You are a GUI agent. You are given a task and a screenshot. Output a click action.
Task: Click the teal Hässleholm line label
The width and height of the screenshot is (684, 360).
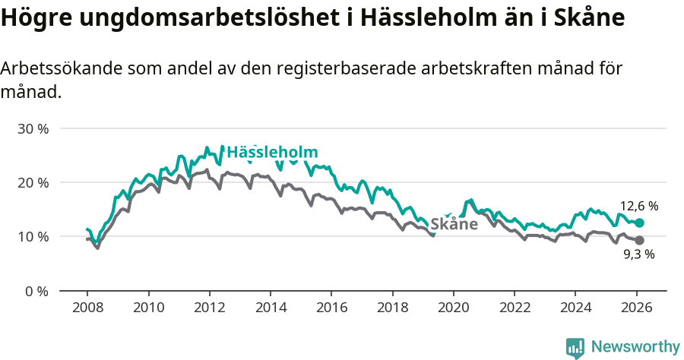click(x=272, y=151)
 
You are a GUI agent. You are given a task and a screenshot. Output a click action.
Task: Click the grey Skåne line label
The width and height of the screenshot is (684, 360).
click(x=454, y=224)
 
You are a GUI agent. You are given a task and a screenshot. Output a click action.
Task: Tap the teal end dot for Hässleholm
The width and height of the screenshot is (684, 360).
click(x=640, y=223)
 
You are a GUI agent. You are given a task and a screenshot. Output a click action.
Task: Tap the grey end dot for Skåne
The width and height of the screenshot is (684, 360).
click(x=640, y=240)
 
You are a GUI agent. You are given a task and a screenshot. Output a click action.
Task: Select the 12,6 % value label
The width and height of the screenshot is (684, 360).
click(x=638, y=206)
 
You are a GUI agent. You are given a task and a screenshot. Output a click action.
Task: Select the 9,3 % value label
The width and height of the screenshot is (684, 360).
click(x=638, y=255)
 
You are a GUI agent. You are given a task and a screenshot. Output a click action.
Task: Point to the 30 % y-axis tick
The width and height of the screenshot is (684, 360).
click(x=33, y=128)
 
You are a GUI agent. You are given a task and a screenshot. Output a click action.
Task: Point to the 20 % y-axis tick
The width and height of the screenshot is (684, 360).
click(x=33, y=182)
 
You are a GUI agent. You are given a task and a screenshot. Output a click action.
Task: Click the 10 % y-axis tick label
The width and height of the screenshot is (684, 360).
click(x=33, y=236)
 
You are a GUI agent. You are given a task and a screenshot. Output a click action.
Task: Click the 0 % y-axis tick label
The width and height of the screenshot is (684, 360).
click(x=36, y=291)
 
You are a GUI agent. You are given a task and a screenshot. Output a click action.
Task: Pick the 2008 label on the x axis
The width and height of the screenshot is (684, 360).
click(x=87, y=308)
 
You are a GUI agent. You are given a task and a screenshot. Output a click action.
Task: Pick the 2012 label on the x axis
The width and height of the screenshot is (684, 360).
click(x=209, y=308)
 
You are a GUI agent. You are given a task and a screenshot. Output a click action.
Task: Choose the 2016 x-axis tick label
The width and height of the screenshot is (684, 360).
click(x=331, y=308)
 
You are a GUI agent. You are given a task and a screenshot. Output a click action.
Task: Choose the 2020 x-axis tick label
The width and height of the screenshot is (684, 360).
click(x=454, y=308)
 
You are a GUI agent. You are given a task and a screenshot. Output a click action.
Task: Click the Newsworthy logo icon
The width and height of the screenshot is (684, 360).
click(x=575, y=347)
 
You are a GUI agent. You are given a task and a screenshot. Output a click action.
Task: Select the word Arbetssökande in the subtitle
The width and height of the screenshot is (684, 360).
click(x=53, y=68)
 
